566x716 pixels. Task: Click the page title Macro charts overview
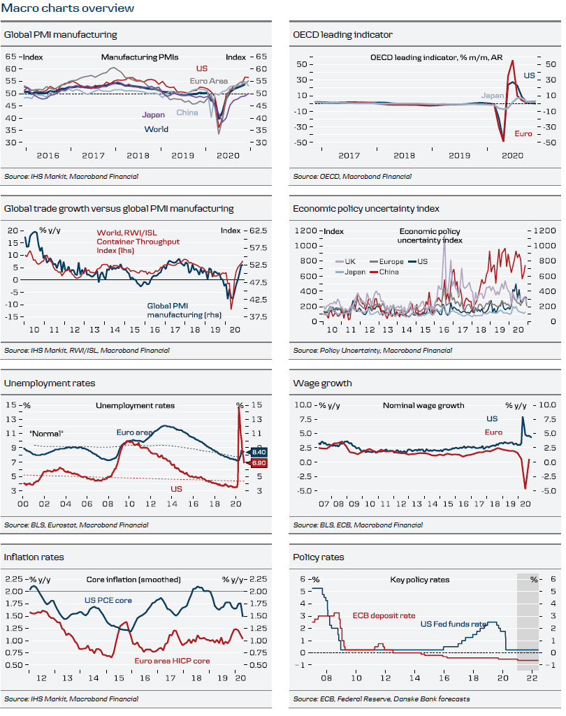[68, 8]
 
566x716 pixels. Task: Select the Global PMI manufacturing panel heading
[61, 34]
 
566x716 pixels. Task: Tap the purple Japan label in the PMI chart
[153, 115]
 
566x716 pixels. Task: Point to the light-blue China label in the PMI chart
[187, 112]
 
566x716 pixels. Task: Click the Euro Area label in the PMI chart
[209, 82]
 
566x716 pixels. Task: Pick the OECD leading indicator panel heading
[342, 34]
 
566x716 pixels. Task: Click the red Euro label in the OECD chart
[523, 133]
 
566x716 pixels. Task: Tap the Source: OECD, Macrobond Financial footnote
[352, 177]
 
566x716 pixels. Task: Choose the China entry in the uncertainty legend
[388, 272]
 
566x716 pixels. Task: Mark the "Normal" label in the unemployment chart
[47, 434]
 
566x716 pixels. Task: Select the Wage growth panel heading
[322, 383]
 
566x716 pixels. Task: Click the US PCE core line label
[108, 601]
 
